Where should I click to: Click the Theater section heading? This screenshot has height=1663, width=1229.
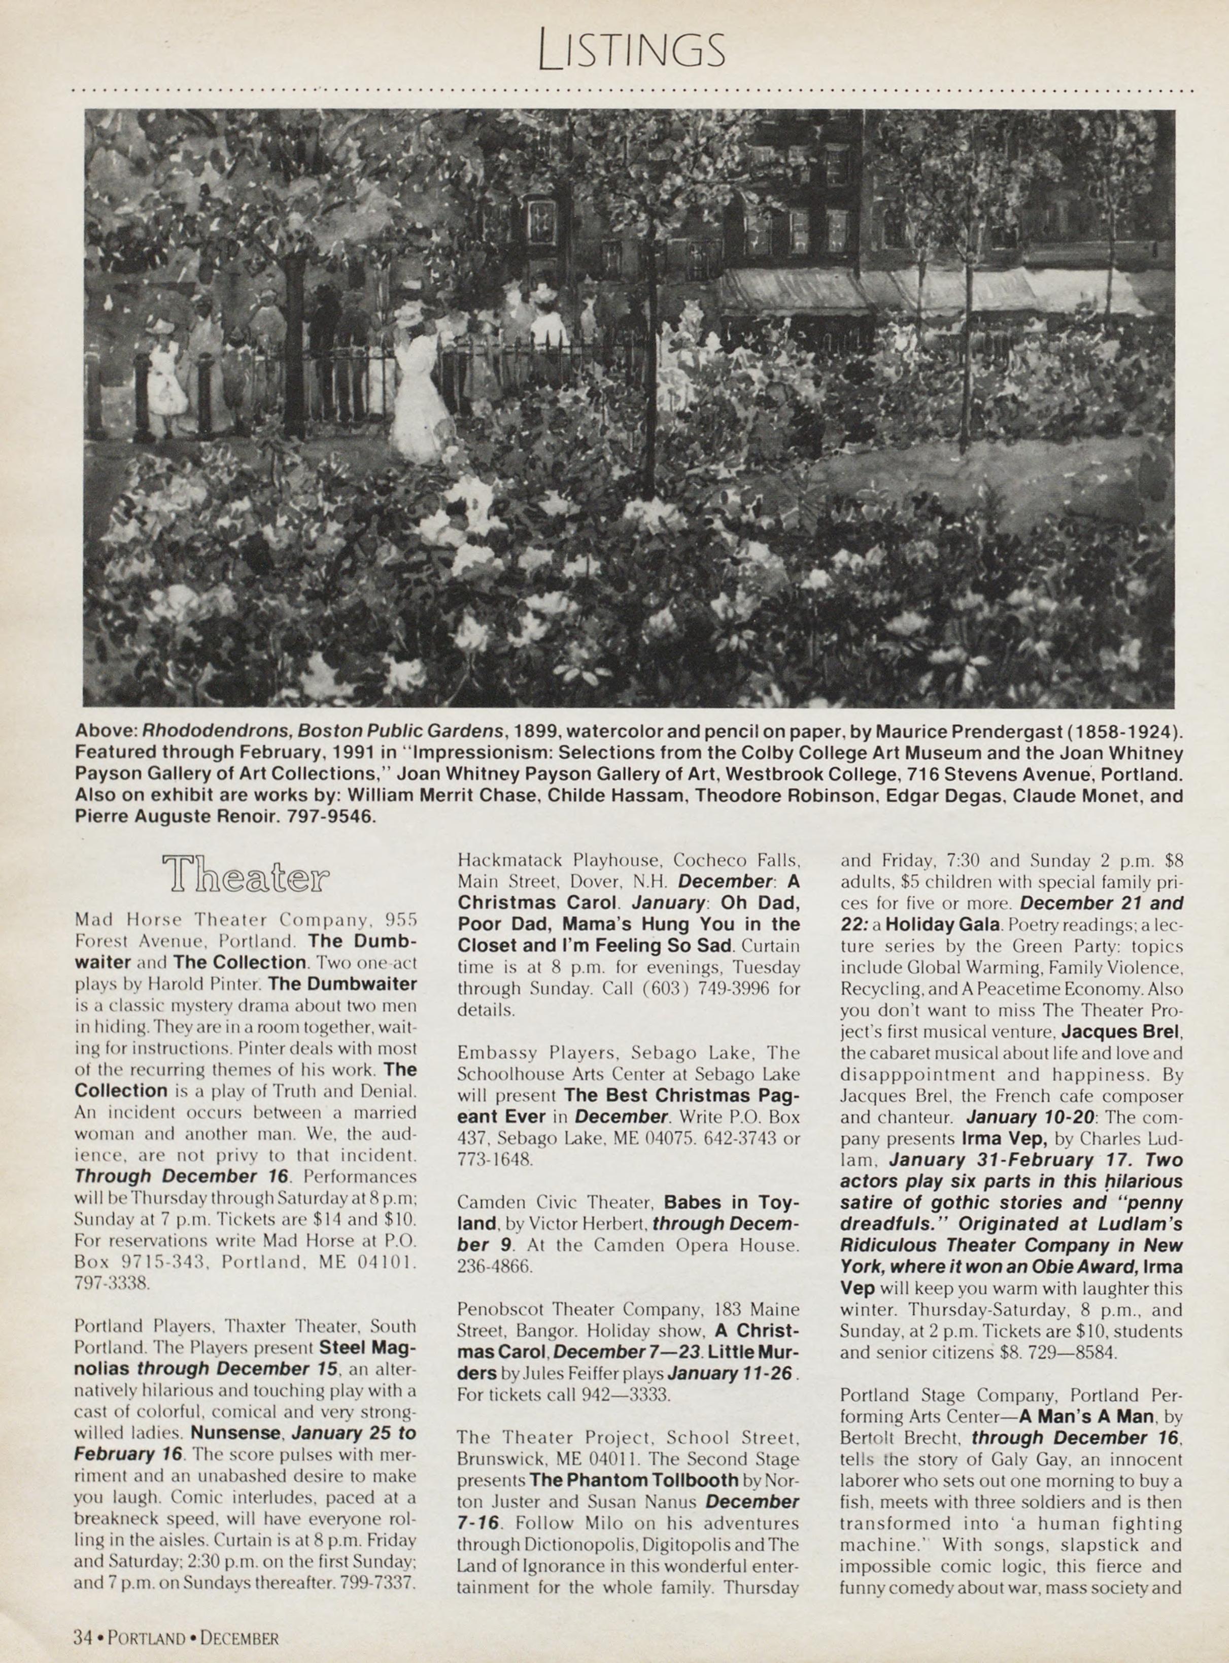coord(246,873)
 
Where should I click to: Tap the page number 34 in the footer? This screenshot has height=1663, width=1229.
coord(83,1638)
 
